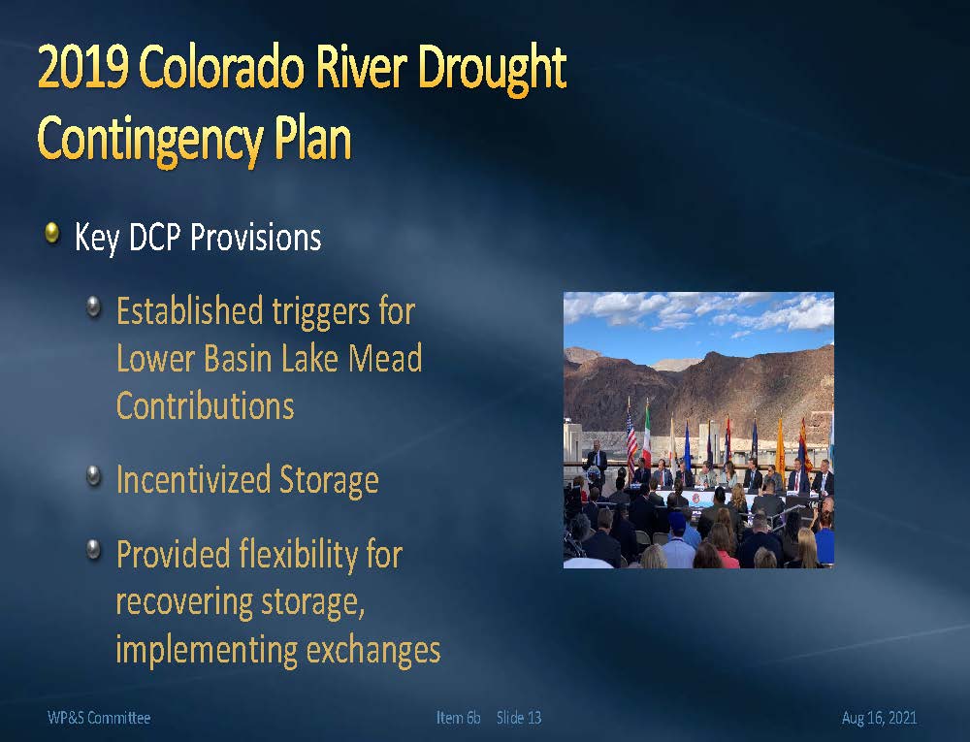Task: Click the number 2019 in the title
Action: (83, 67)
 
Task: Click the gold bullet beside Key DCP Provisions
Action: (52, 233)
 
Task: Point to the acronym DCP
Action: (154, 237)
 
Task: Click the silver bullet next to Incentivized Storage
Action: (93, 476)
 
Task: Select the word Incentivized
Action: (192, 480)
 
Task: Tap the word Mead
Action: (385, 358)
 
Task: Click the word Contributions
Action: (206, 405)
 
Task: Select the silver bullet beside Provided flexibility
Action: (93, 549)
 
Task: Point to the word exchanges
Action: (373, 651)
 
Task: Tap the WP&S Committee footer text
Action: (99, 718)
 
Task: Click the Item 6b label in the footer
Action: (459, 718)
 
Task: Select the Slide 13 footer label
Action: (519, 718)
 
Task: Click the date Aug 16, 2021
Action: (879, 718)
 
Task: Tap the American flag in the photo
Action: (631, 440)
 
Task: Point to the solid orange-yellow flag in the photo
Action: (780, 448)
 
